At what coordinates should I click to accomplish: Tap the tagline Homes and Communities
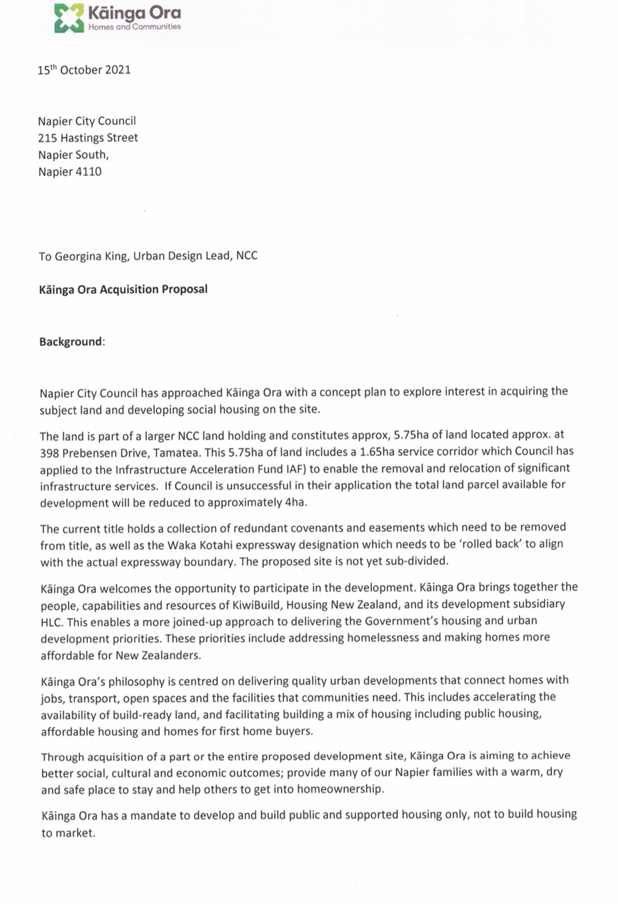[x=134, y=27]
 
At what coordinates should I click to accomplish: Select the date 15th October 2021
[x=84, y=70]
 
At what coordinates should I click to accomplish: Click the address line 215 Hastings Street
[x=88, y=138]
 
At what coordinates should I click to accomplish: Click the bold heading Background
[x=71, y=342]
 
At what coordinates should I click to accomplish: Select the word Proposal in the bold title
[x=184, y=290]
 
